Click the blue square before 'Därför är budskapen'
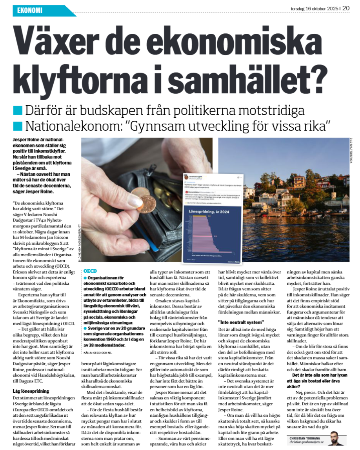coord(18,110)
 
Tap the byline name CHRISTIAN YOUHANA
coord(306,437)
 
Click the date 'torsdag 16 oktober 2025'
coord(314,7)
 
